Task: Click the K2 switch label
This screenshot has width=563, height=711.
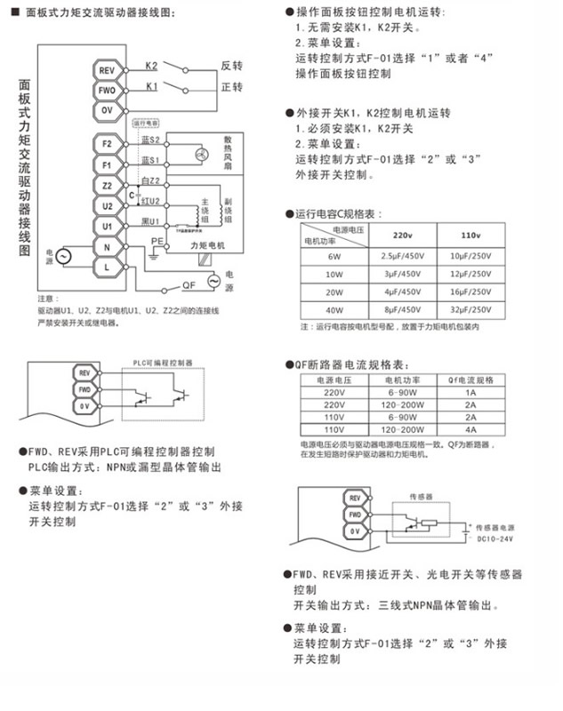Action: pos(151,66)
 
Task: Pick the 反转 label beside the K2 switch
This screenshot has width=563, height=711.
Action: pos(232,67)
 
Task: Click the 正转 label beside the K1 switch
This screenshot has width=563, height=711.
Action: pos(232,87)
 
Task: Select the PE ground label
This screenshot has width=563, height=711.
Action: pos(156,241)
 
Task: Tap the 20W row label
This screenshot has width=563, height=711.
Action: pos(334,292)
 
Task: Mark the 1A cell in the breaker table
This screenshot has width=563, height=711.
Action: pos(471,390)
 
